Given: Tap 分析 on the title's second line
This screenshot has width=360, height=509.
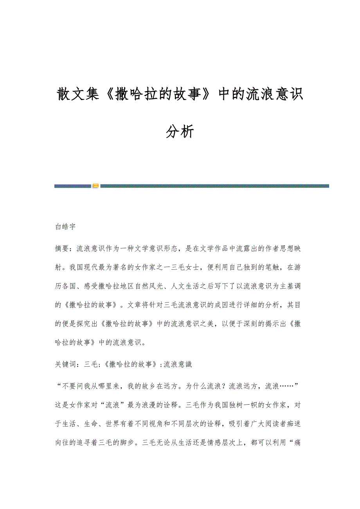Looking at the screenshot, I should tap(180, 132).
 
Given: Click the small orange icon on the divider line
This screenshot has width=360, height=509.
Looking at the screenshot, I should tap(95, 186).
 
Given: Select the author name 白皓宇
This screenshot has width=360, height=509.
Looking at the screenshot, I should tap(65, 226).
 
